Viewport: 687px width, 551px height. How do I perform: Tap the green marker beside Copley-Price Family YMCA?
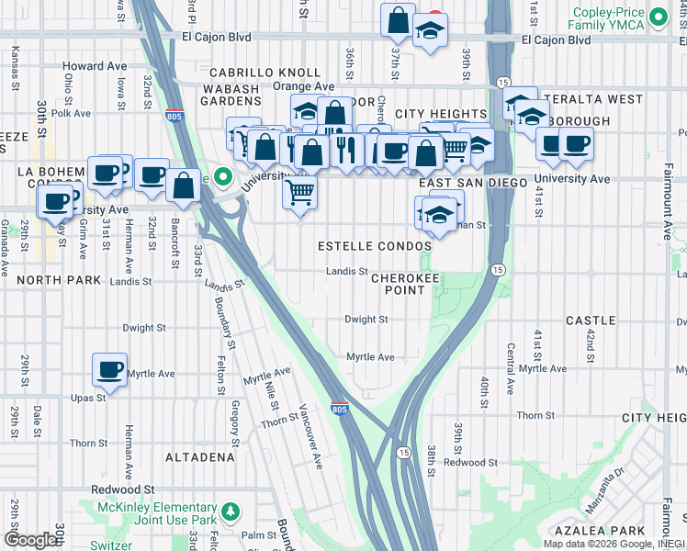click(658, 17)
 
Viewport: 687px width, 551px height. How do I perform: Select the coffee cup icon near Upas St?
click(109, 370)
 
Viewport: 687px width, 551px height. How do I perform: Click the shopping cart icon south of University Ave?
click(299, 194)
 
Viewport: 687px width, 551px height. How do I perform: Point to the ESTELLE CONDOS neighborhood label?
click(374, 247)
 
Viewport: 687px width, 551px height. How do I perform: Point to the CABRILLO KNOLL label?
click(265, 73)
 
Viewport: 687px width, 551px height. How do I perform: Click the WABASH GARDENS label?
click(232, 94)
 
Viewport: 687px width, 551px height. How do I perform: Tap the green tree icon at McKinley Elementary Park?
click(232, 510)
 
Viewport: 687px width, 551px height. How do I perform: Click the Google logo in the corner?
click(29, 540)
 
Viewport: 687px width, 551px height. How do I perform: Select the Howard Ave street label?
click(96, 66)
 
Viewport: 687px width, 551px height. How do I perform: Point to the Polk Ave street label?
click(71, 114)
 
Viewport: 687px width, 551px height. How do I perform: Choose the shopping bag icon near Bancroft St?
click(184, 186)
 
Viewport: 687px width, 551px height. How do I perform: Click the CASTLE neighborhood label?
click(590, 320)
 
